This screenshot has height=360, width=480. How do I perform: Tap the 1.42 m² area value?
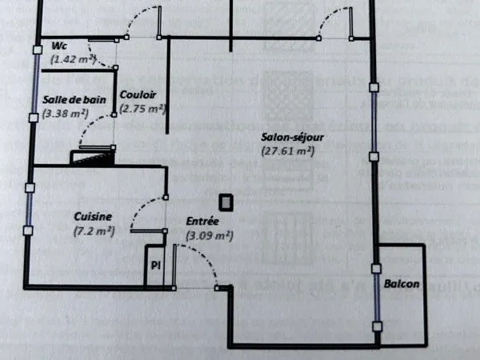(73, 59)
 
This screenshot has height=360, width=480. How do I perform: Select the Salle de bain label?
(74, 100)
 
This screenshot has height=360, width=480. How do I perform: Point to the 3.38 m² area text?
(66, 114)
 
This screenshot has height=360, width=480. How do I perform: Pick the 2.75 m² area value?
(142, 108)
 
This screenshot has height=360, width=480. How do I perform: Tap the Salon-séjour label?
(292, 138)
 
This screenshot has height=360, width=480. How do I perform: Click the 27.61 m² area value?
(288, 151)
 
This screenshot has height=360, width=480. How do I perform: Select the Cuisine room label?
(93, 217)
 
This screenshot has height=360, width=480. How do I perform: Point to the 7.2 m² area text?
(94, 231)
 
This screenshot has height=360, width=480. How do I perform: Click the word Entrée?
(202, 221)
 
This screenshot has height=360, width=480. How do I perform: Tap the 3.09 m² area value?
(210, 235)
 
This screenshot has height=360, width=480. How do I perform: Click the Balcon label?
(402, 284)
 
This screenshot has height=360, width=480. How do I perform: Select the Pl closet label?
(156, 265)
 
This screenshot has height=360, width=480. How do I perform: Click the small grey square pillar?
(226, 202)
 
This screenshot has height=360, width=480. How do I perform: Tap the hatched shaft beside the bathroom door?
(93, 158)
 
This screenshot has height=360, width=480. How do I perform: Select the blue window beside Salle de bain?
(35, 83)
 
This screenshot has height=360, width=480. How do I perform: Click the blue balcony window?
(377, 298)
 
